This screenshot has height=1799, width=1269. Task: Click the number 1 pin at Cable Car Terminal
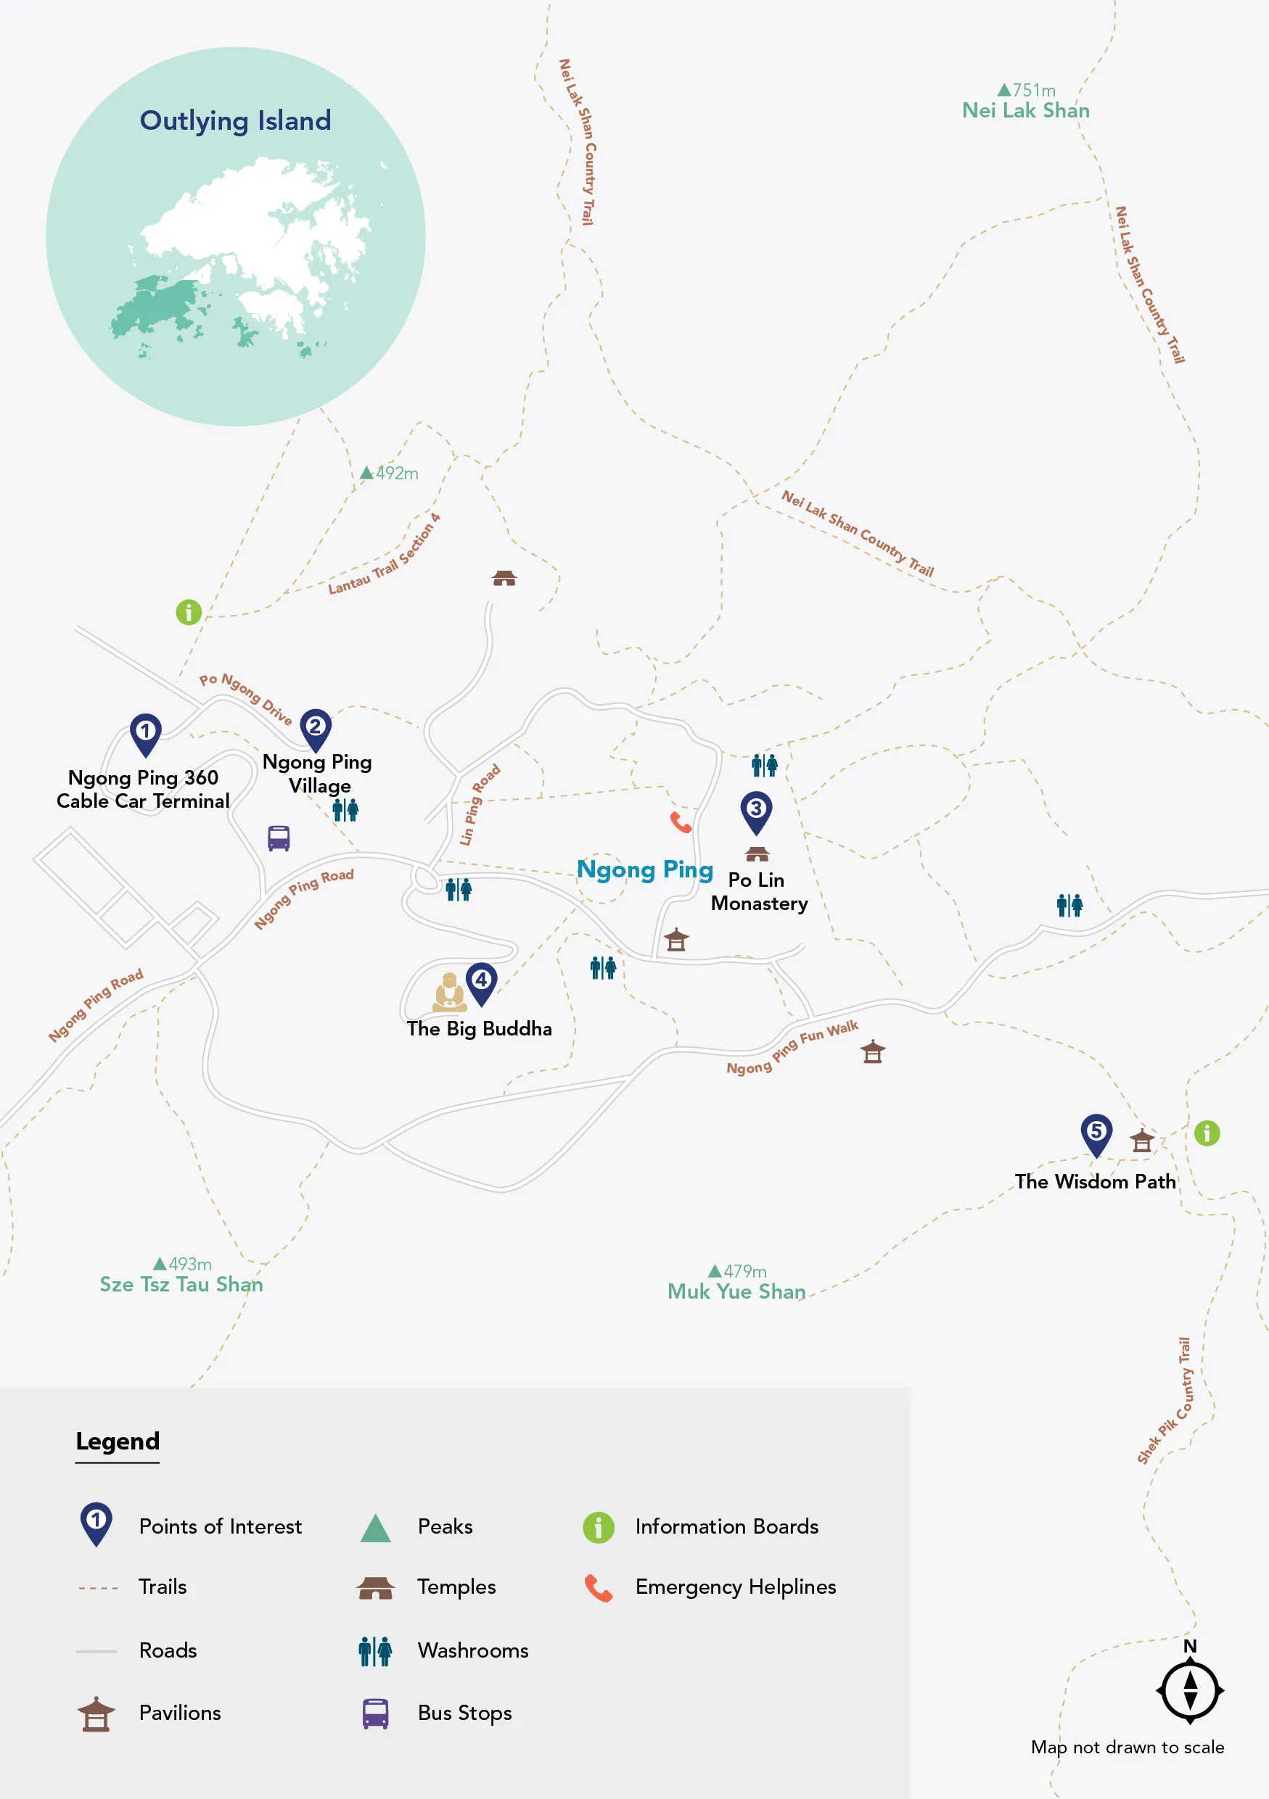(145, 732)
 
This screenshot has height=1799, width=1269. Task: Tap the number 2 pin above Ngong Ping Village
(315, 728)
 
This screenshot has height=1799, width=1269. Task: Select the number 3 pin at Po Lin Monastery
(755, 810)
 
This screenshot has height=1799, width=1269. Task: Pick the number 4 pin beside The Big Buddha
(480, 981)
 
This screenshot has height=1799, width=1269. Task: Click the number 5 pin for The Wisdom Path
(1096, 1133)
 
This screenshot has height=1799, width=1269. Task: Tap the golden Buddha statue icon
(449, 993)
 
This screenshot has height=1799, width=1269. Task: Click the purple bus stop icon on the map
(279, 838)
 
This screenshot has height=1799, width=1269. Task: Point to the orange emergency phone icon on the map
(681, 822)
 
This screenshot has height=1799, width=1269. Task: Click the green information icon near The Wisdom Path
(1207, 1133)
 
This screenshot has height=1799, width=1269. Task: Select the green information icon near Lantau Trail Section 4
(188, 612)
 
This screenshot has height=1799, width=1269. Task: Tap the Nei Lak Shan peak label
(1025, 110)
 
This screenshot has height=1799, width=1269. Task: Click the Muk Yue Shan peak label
(736, 1291)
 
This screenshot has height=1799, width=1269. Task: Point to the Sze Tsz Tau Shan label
(181, 1284)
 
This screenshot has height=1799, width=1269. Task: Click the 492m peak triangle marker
(366, 473)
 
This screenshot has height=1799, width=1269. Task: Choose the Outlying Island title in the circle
(235, 120)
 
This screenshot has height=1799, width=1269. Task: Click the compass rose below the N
(1189, 1690)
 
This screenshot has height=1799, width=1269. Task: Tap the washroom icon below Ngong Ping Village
(345, 809)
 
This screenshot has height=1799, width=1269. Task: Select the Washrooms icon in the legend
(374, 1651)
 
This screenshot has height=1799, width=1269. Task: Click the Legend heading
(118, 1441)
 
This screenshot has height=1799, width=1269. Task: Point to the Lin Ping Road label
(479, 805)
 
